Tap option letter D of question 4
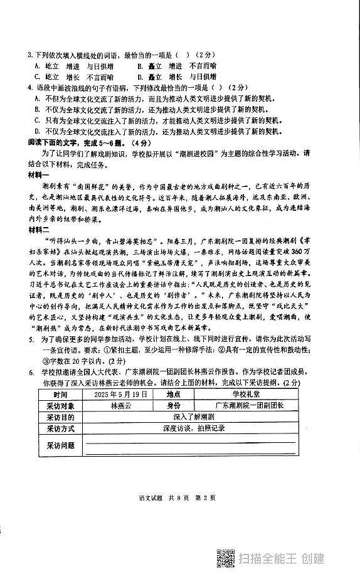point(38,130)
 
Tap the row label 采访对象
point(60,405)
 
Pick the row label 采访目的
point(60,417)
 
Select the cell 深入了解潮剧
point(188,417)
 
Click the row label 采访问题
point(60,445)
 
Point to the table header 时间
point(60,394)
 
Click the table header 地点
point(174,394)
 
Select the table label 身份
point(174,405)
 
